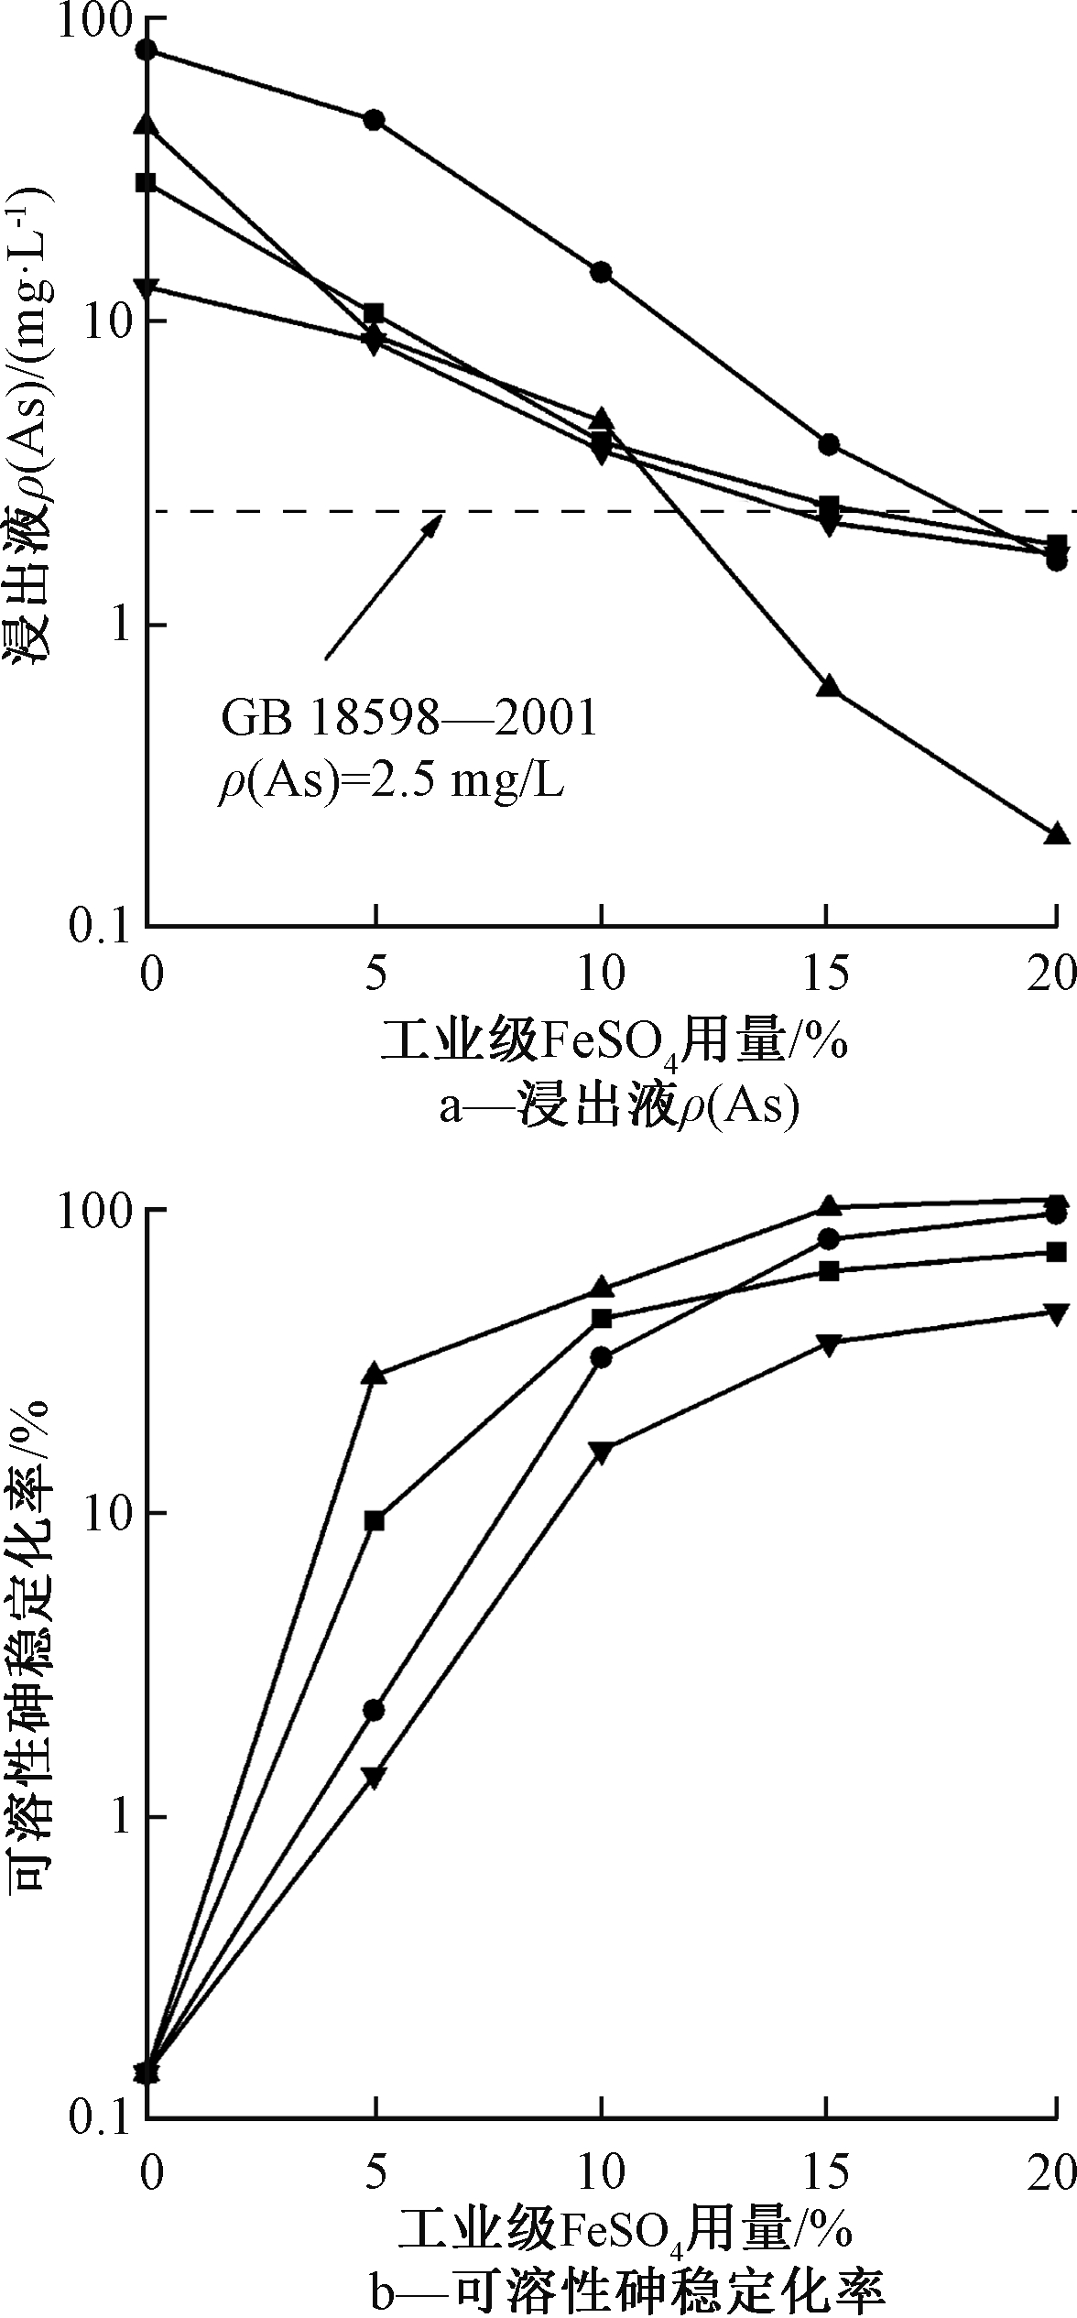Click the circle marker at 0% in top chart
[147, 49]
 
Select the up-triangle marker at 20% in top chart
[1057, 833]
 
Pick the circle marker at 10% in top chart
[602, 272]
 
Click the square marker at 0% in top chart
[147, 182]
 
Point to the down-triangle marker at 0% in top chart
[147, 287]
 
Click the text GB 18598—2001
[408, 719]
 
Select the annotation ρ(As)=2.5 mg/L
[390, 785]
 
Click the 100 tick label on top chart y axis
[93, 21]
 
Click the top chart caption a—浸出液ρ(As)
[618, 1107]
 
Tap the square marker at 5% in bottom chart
[374, 1521]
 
